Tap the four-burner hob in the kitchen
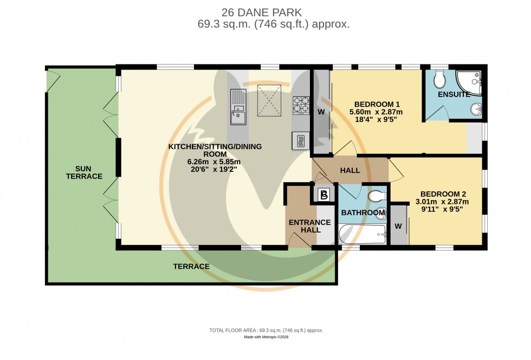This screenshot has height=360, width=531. [301, 104]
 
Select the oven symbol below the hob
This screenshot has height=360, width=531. [300, 141]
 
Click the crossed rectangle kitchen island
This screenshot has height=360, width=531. [269, 100]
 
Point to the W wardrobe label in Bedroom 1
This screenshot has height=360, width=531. [321, 112]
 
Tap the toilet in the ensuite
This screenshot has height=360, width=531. [440, 80]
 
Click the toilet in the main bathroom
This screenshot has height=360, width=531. [376, 195]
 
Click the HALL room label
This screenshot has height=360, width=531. [350, 171]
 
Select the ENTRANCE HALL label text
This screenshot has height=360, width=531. [309, 226]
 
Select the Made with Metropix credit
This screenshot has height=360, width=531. [265, 337]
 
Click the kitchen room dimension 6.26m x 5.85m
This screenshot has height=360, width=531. [215, 162]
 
